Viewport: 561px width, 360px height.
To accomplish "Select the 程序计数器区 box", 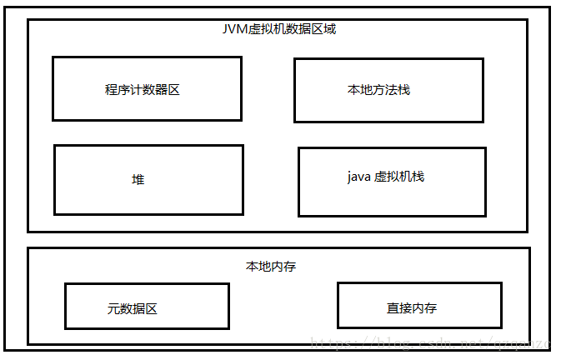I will click(147, 88).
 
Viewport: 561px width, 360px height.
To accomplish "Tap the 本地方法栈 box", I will click(388, 89).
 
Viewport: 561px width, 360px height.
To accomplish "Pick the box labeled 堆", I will click(148, 179).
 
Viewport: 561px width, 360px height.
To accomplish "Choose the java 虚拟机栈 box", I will click(392, 182).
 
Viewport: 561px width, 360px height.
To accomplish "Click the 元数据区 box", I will click(147, 306).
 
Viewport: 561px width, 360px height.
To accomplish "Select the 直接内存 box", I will click(419, 305).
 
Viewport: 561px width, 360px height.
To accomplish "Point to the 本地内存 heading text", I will click(271, 267).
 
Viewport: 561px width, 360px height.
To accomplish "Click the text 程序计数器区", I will click(143, 90).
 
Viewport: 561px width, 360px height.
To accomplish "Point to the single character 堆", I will click(138, 179).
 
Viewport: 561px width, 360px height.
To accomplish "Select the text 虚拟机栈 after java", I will click(399, 177).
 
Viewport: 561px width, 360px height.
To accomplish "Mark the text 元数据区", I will click(133, 308).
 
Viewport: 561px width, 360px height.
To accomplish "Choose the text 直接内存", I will click(412, 308).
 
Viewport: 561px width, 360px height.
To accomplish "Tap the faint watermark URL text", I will click(425, 342).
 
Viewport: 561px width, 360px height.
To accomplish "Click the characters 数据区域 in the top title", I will click(311, 28).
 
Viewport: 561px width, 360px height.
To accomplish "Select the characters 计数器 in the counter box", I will click(143, 90).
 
